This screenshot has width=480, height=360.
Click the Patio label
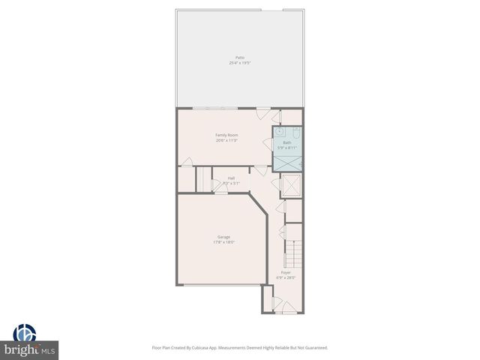pos(239,58)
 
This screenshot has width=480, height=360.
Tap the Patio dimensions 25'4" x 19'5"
pos(239,63)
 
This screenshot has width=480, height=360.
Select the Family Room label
pos(226,135)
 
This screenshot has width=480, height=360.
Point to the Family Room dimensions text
pos(226,140)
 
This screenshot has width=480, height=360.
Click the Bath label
pos(287,142)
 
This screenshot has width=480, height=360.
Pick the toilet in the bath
pos(297,133)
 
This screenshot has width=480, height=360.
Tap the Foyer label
pos(286,272)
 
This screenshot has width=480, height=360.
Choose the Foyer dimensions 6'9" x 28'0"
pos(286,277)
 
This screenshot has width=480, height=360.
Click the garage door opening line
pos(222,285)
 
